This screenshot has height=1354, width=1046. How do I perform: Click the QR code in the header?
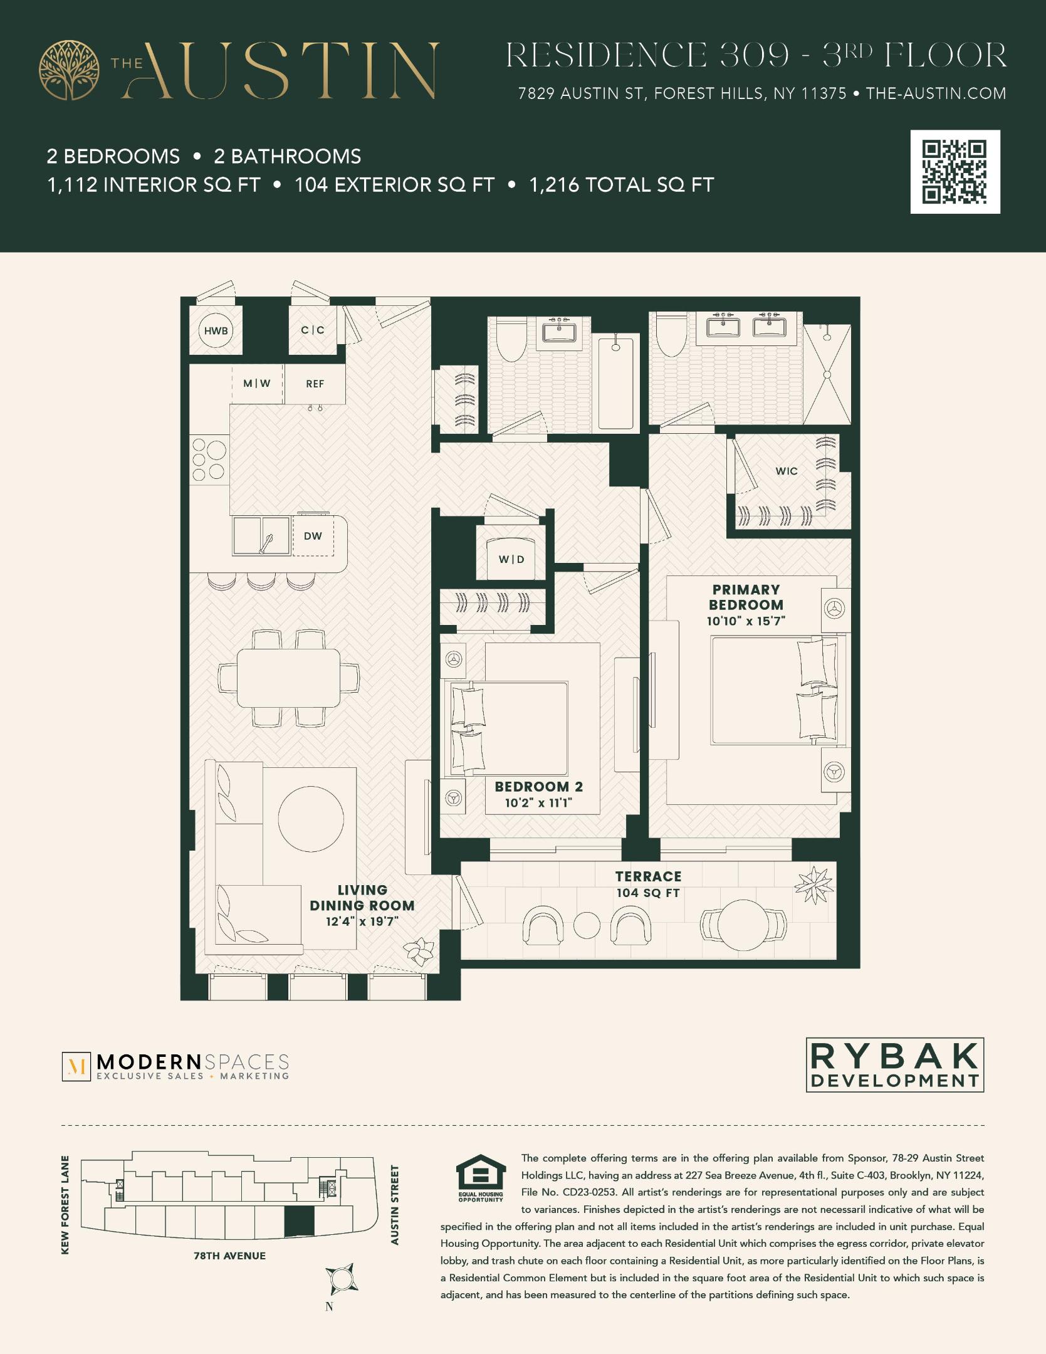pos(954,172)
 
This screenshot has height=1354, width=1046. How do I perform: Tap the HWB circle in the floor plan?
pos(216,330)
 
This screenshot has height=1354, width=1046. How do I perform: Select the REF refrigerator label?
pos(315,384)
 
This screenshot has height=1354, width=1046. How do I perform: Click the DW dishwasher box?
pos(313,536)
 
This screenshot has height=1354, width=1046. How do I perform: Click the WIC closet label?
pos(787,471)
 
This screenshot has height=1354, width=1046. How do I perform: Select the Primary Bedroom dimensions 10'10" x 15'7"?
pos(746,621)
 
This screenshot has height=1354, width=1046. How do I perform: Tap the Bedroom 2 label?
pos(538,786)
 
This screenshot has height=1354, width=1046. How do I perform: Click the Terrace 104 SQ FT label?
pos(648,884)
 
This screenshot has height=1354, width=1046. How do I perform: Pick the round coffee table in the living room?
pos(311,819)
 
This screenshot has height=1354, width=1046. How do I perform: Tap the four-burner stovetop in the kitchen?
pos(209,459)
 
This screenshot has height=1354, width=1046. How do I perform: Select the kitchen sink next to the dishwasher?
pos(261,536)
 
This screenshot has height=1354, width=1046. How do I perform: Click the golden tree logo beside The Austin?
pos(70,70)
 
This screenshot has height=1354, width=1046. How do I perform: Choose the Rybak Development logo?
pos(894,1064)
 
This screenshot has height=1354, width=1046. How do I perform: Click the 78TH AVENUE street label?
pos(229,1256)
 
